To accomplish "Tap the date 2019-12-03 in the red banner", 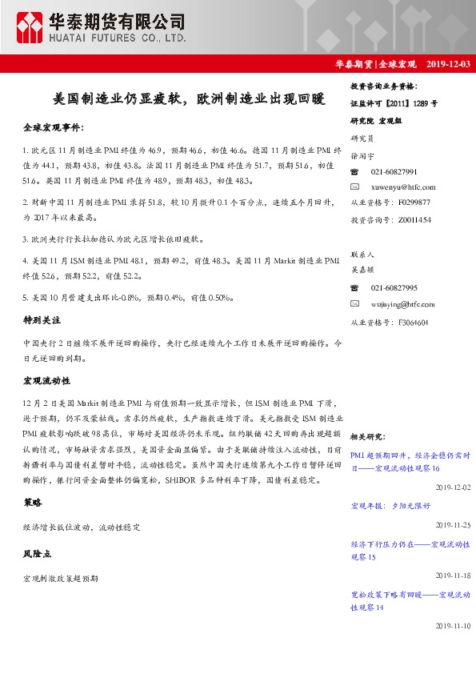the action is point(448,63).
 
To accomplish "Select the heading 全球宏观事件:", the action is point(53,127).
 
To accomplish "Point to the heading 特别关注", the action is point(40,319).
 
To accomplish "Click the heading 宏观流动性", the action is point(46,380).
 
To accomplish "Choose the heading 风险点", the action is point(37,553).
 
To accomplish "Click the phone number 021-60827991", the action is point(394,172).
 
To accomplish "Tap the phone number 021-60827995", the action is point(394,288).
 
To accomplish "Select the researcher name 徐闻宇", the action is point(364,156).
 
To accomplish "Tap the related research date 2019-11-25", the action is point(453,524).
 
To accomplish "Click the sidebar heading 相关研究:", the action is point(370,437).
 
